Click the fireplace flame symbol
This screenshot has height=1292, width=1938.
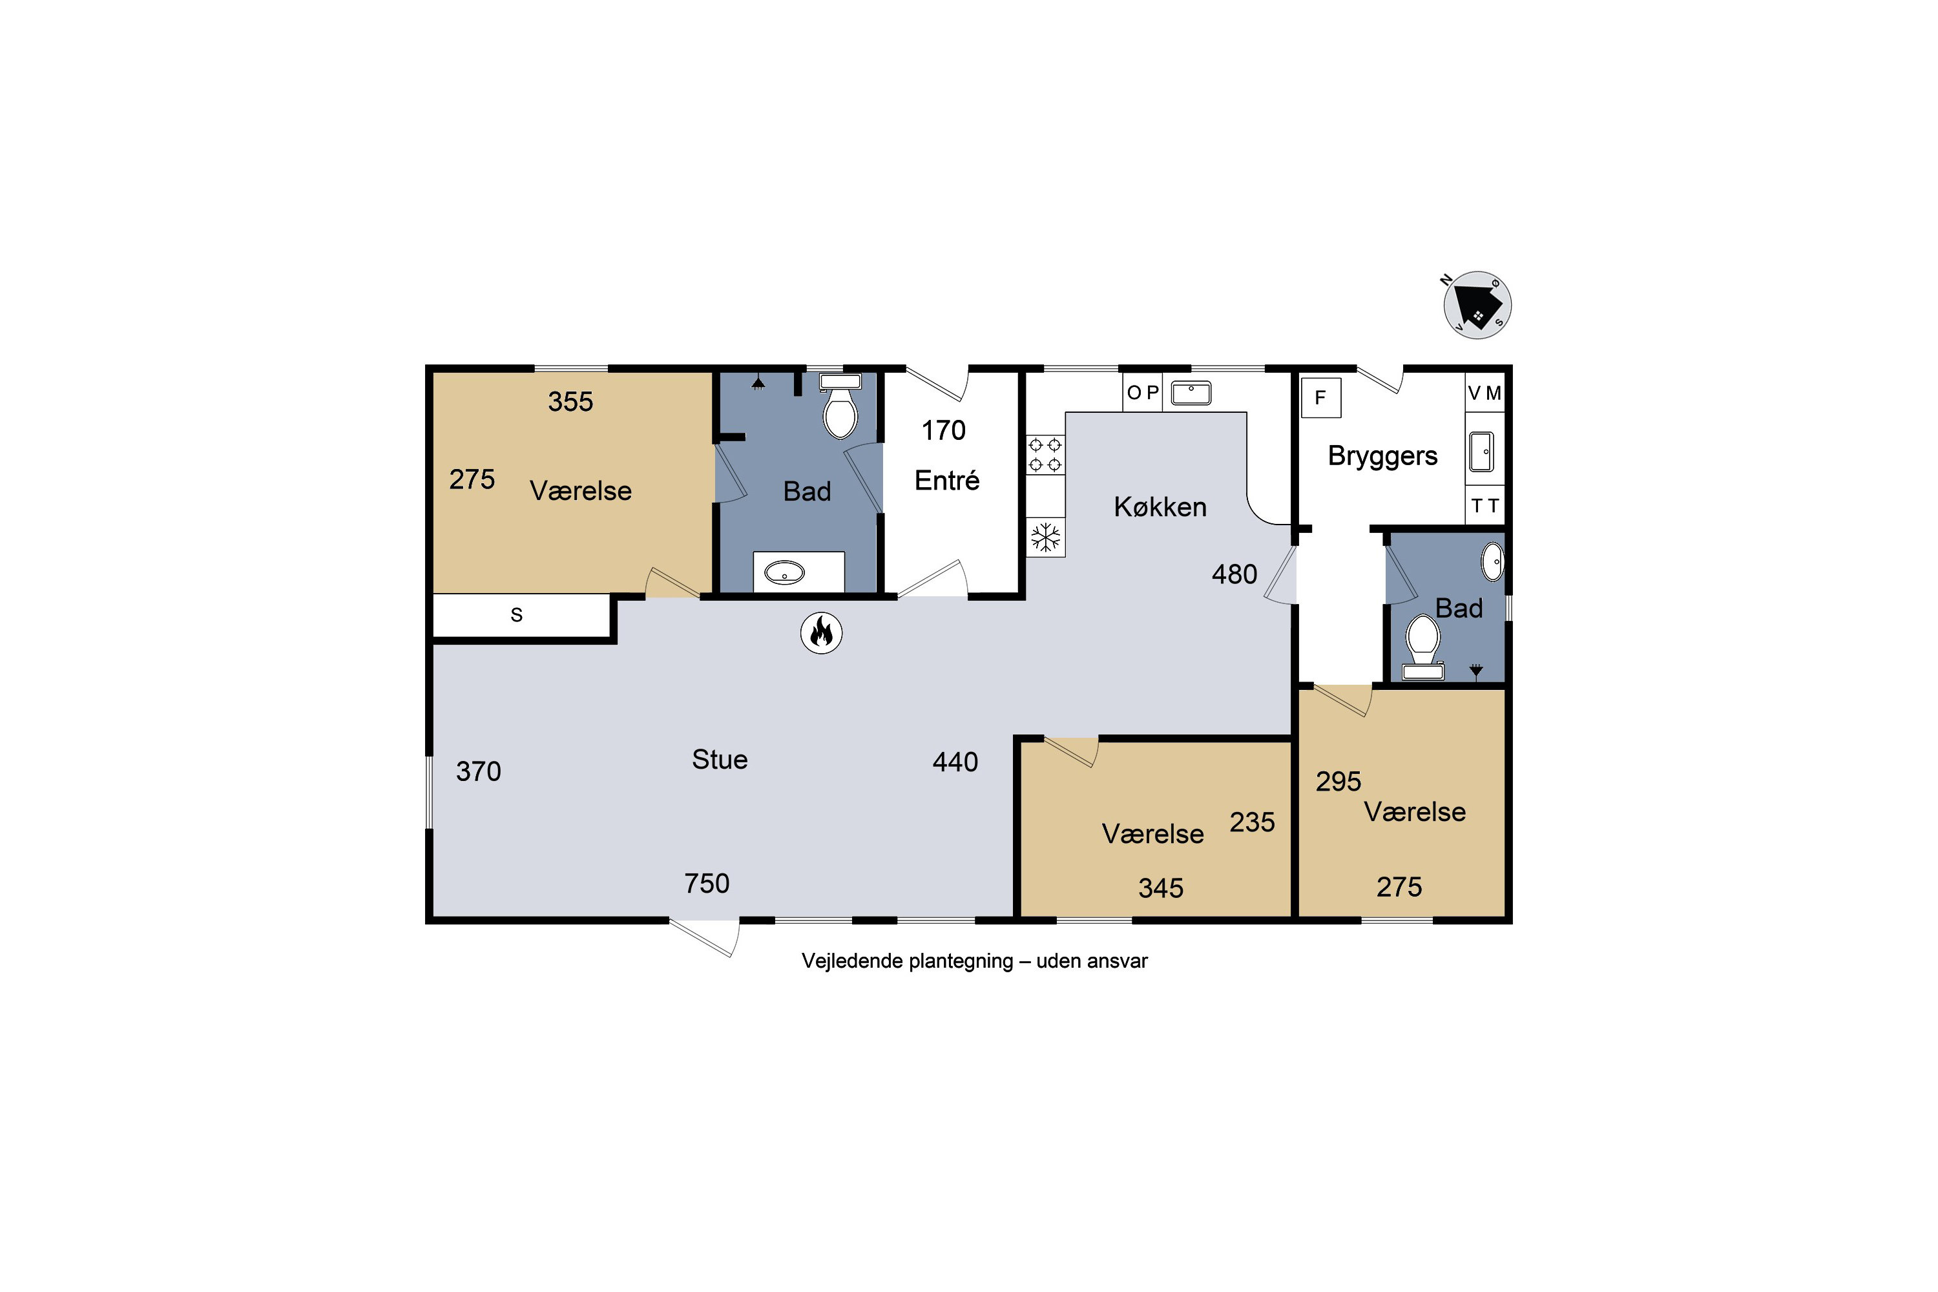click(822, 633)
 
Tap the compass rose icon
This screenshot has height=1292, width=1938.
click(1477, 305)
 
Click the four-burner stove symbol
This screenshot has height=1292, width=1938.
click(1045, 455)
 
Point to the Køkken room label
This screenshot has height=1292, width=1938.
click(1160, 506)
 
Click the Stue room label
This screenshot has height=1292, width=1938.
click(720, 759)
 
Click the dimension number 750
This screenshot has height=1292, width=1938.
click(707, 883)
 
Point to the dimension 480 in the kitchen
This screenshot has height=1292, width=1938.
click(1235, 574)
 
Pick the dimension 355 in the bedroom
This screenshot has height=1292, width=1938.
click(570, 401)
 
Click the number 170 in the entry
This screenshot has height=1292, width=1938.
click(943, 430)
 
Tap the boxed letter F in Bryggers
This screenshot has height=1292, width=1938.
click(1321, 398)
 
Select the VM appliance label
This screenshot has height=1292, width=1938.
click(1485, 393)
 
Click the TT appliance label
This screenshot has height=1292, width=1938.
click(1485, 505)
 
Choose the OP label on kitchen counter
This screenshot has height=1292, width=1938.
click(1143, 392)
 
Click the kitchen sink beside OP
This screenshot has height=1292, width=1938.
click(1191, 393)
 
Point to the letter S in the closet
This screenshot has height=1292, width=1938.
click(517, 615)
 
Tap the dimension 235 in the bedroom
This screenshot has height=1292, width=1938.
click(1253, 822)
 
